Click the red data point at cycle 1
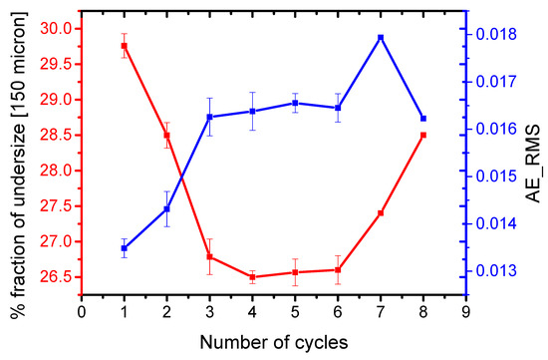pyautogui.click(x=125, y=46)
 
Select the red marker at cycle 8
pyautogui.click(x=423, y=135)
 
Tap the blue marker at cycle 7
pyautogui.click(x=381, y=38)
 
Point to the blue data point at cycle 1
pyautogui.click(x=125, y=248)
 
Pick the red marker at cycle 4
pyautogui.click(x=252, y=277)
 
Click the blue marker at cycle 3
pyautogui.click(x=210, y=118)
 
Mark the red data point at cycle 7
pyautogui.click(x=381, y=213)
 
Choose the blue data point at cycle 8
pyautogui.click(x=423, y=119)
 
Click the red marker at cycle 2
pyautogui.click(x=167, y=135)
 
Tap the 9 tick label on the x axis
pyautogui.click(x=466, y=311)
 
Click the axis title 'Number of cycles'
pyautogui.click(x=273, y=341)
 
